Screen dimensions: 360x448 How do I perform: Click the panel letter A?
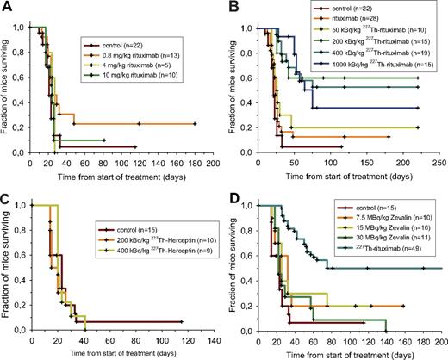coord(8,8)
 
